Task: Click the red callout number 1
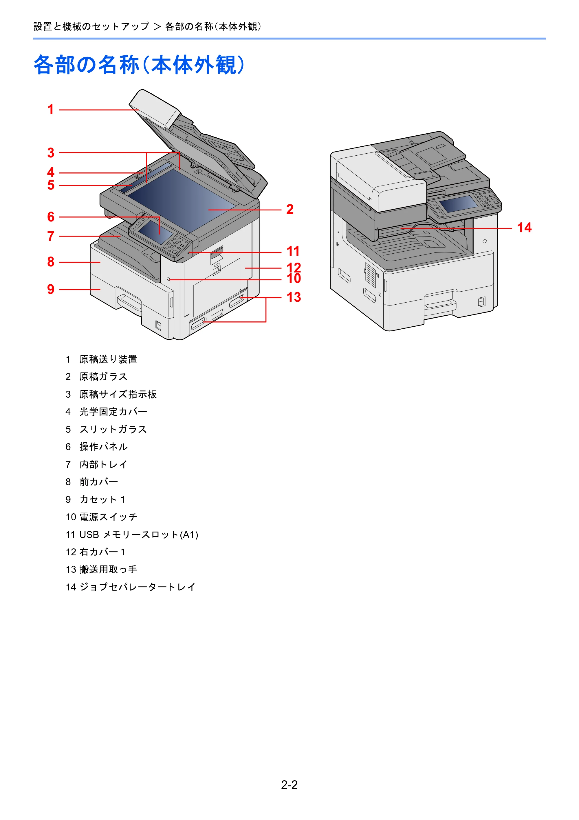[51, 109]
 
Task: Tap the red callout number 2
[290, 209]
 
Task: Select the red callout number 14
[524, 228]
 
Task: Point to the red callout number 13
[294, 297]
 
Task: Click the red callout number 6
[51, 217]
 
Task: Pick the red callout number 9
[51, 289]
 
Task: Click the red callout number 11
[293, 251]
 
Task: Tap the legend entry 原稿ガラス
[103, 377]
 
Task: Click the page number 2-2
[289, 785]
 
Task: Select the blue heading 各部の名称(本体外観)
[140, 65]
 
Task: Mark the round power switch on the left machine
[168, 279]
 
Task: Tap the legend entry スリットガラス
[113, 429]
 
